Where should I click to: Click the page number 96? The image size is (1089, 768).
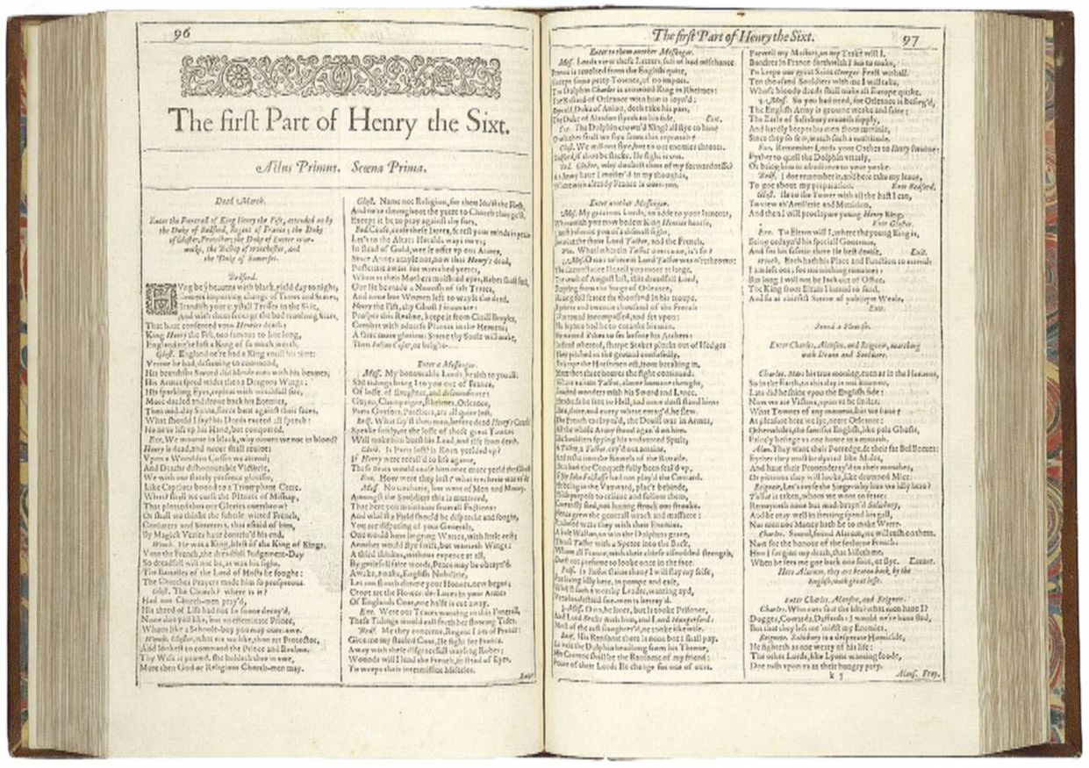click(x=183, y=35)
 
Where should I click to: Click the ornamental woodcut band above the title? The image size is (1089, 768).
click(x=340, y=76)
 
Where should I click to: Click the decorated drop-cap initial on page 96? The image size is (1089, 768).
click(x=160, y=298)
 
